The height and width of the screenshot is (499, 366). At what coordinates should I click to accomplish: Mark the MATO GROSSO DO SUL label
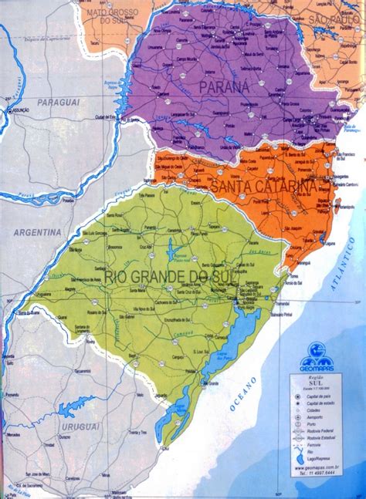click(x=109, y=15)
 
